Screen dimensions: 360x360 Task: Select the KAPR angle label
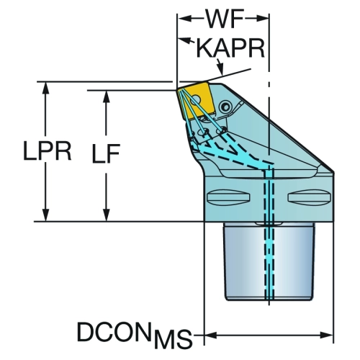tap(230, 48)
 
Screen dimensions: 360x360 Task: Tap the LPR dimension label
tap(48, 150)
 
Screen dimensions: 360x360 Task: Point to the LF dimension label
tap(107, 153)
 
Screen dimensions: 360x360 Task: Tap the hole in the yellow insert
tap(196, 99)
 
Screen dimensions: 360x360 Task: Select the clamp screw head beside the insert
tap(225, 107)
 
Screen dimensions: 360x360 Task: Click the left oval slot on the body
tap(228, 197)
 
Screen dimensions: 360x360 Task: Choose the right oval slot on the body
tap(310, 197)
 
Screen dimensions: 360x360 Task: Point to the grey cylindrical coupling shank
tap(269, 261)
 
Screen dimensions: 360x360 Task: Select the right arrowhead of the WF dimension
tap(262, 18)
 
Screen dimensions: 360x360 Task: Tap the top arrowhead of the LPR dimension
tap(45, 89)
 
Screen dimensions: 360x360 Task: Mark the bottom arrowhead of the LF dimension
tap(107, 215)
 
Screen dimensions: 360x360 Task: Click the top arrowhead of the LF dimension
tap(107, 98)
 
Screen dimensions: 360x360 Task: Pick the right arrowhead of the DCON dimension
tap(326, 335)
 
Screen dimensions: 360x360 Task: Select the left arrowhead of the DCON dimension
tap(211, 335)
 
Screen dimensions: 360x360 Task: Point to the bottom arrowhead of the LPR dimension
tap(45, 215)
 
